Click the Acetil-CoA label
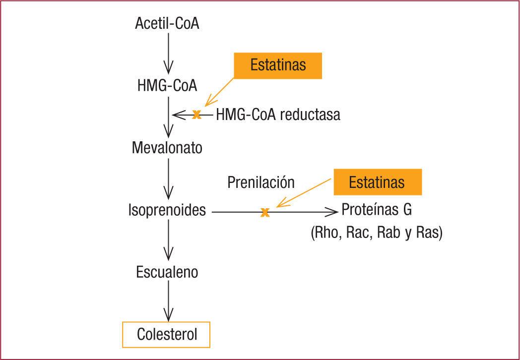coord(167,23)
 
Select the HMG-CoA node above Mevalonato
coord(167,85)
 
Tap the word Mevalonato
coord(167,147)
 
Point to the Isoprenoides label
coord(167,210)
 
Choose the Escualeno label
coord(167,272)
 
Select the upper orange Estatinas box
coord(278,65)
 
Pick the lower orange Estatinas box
coord(377,182)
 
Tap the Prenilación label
coord(261,182)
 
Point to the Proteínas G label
coord(377,210)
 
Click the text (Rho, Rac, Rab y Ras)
coord(376,233)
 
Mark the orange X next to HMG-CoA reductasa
coord(196,115)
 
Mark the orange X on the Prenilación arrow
coord(265,212)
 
